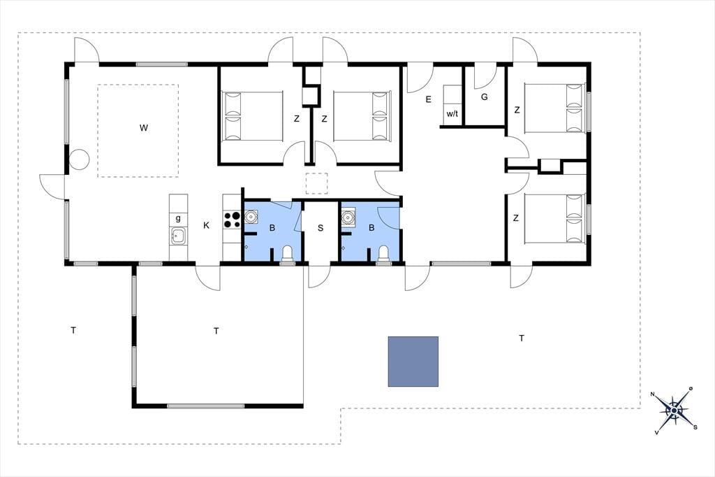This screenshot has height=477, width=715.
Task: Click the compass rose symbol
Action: pos(674,411)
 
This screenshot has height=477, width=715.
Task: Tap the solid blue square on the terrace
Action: pos(413,362)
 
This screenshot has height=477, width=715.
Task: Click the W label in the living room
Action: pos(144,128)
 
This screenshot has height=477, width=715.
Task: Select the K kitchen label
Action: pos(207,225)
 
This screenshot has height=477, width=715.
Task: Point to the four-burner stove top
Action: pos(232,220)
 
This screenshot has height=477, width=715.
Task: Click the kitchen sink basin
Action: pos(178,236)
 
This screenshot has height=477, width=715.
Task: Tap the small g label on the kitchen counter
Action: pos(178,218)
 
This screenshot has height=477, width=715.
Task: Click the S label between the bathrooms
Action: pos(320,228)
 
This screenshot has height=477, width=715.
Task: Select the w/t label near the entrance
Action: pos(452,114)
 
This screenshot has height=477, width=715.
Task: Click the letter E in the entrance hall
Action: pos(428,99)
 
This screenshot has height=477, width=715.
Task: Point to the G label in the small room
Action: pos(485,97)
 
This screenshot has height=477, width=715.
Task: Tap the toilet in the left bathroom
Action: pos(287,254)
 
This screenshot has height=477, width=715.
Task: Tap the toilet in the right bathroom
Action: pos(383,254)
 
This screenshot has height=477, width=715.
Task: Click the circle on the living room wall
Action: pos(79,159)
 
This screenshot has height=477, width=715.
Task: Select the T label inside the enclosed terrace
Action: pos(216,331)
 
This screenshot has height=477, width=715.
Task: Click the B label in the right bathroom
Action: pos(371,227)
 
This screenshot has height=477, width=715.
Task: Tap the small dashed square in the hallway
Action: pos(317,184)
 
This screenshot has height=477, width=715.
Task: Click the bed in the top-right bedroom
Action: pos(554,108)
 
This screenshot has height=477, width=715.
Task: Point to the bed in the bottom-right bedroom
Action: pos(554,219)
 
